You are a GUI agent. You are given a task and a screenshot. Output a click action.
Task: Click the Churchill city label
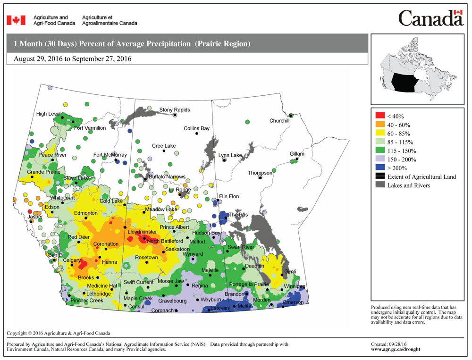pyautogui.click(x=279, y=121)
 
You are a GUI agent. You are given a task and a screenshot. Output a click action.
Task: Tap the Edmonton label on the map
pyautogui.click(x=86, y=213)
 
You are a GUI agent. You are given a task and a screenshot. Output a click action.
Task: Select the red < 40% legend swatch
pyautogui.click(x=379, y=116)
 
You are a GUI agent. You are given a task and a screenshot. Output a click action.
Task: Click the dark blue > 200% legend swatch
pyautogui.click(x=379, y=168)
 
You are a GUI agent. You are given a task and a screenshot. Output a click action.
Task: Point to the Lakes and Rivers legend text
pyautogui.click(x=408, y=185)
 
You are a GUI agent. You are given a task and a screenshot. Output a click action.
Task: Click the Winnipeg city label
pyautogui.click(x=294, y=286)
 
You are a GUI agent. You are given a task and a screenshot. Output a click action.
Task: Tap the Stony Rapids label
pyautogui.click(x=175, y=110)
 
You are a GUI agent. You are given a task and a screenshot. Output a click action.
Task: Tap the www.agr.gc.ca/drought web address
pyautogui.click(x=396, y=350)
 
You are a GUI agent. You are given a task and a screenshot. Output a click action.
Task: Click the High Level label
pyautogui.click(x=48, y=114)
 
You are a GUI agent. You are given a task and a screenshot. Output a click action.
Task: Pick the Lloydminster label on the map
pyautogui.click(x=142, y=233)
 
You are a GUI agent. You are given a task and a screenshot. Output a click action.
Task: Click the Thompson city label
pyautogui.click(x=260, y=173)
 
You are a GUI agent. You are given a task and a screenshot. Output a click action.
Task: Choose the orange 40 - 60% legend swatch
pyautogui.click(x=379, y=125)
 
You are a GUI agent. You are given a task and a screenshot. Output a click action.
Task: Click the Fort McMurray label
pyautogui.click(x=110, y=155)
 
